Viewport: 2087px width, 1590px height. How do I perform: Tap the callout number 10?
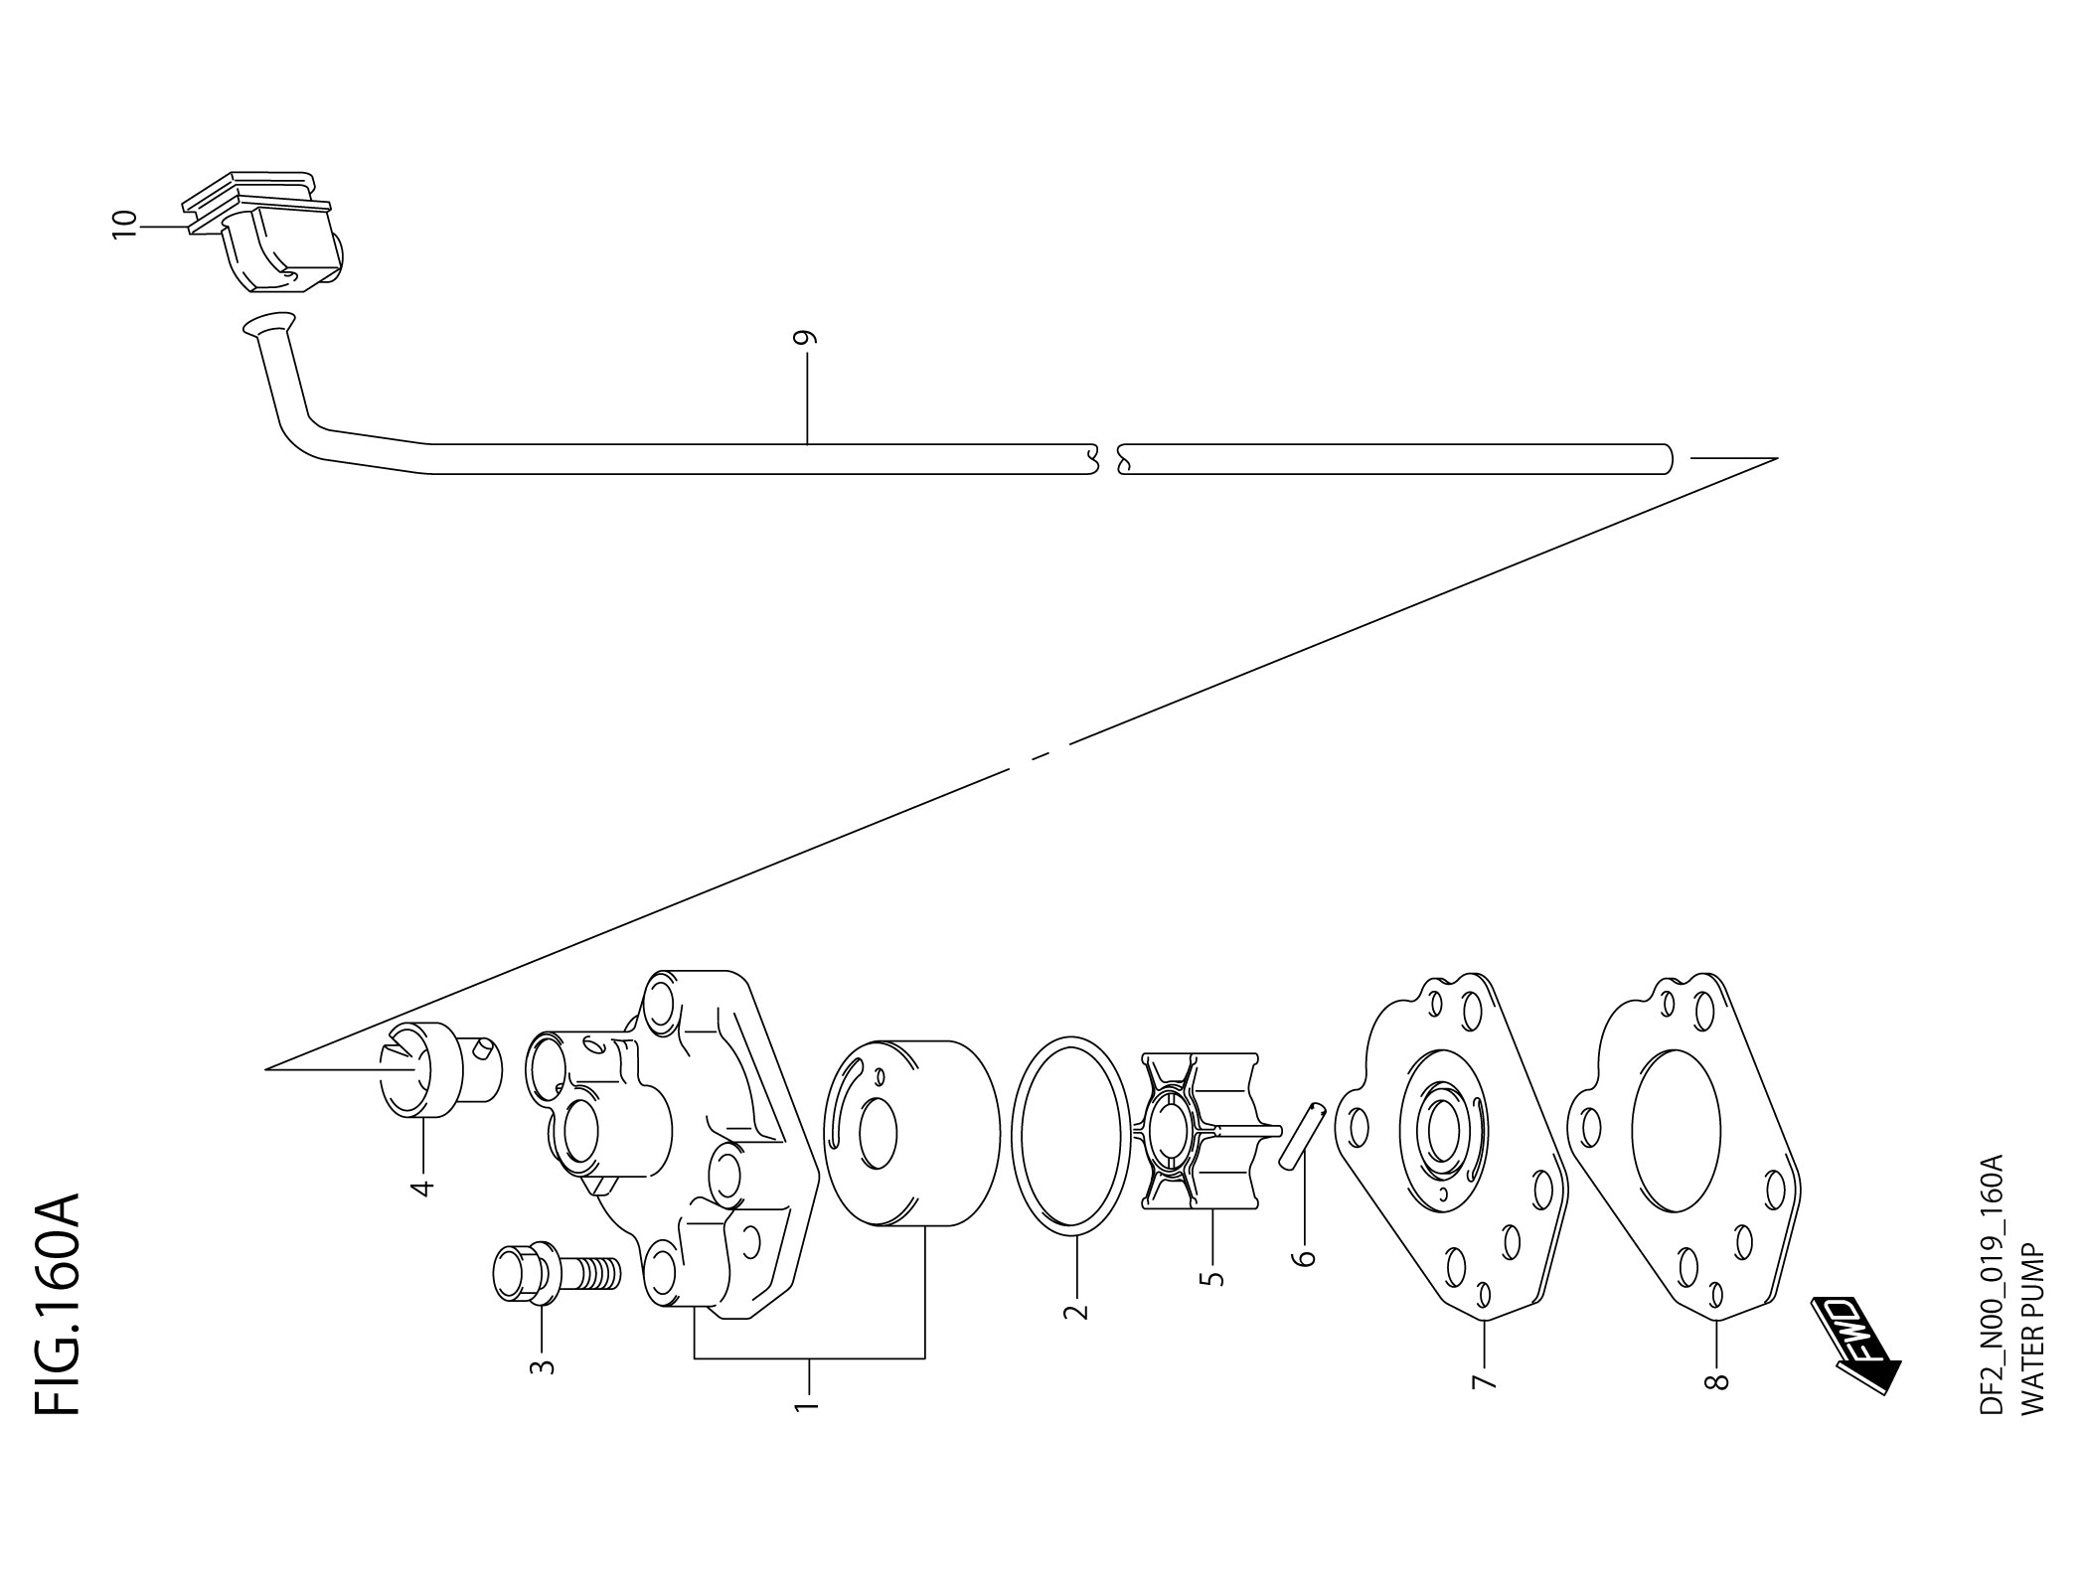[x=124, y=225]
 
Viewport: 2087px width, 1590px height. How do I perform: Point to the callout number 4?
[x=422, y=1187]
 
